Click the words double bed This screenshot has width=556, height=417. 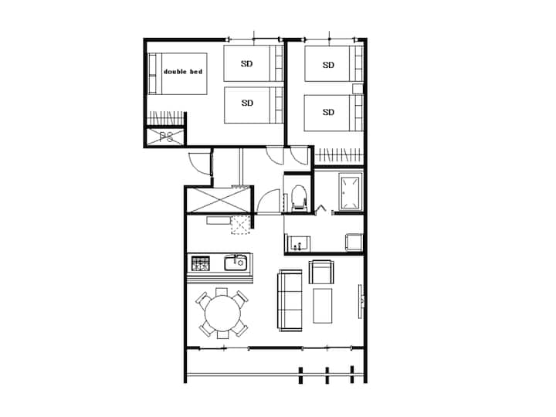tap(183, 72)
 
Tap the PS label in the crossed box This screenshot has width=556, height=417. tap(166, 137)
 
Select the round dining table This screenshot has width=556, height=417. tap(222, 313)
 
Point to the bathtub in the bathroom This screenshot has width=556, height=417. tap(351, 192)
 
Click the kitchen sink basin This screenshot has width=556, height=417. tap(236, 263)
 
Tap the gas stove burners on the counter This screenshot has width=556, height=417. tap(201, 263)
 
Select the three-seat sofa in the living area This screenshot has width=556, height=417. tap(290, 300)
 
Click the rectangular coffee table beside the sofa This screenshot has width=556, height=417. tap(323, 306)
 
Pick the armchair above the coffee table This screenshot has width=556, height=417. tap(321, 272)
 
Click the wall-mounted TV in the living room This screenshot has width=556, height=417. tap(361, 301)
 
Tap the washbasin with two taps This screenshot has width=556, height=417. tap(298, 243)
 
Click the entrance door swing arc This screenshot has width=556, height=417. tap(198, 164)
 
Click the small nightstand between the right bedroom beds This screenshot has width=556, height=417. tap(358, 89)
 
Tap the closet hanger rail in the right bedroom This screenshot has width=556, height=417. tap(339, 155)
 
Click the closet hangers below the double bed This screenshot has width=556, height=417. tap(165, 118)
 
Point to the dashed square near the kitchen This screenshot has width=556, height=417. tap(241, 225)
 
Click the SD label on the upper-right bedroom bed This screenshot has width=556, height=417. tap(328, 65)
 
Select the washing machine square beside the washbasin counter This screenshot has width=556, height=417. tap(354, 242)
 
